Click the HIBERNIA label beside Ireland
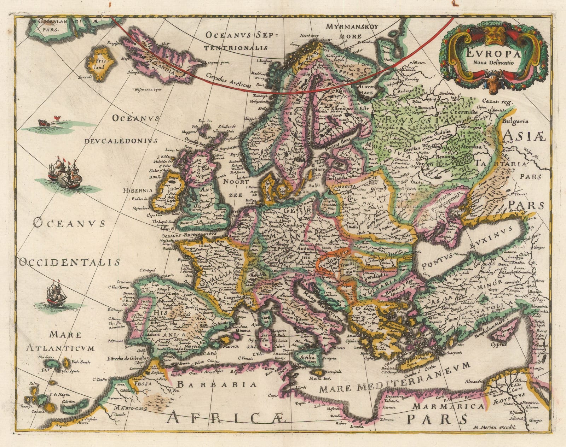click(x=138, y=190)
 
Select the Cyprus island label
click(x=498, y=344)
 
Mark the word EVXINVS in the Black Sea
click(x=491, y=239)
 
